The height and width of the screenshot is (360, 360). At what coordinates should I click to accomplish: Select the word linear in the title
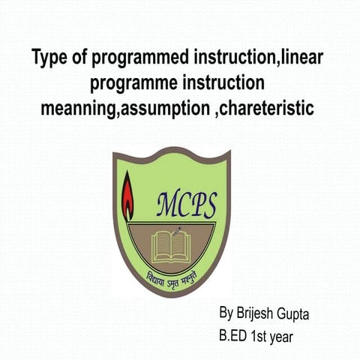tap(304, 57)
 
